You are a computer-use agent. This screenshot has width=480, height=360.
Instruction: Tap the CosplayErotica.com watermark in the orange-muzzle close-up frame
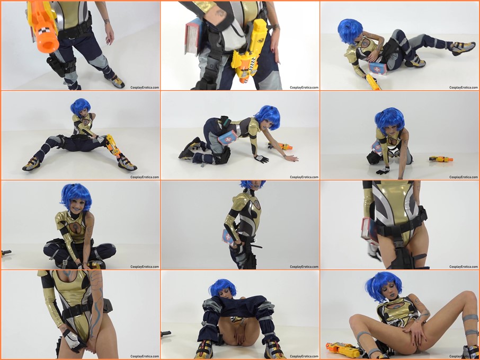145,87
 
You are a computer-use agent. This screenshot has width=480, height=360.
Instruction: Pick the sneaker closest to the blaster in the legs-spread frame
127,164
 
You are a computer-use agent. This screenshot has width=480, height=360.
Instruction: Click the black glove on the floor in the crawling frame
262,159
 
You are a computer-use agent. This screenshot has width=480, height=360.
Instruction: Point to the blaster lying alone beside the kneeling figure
441,159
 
